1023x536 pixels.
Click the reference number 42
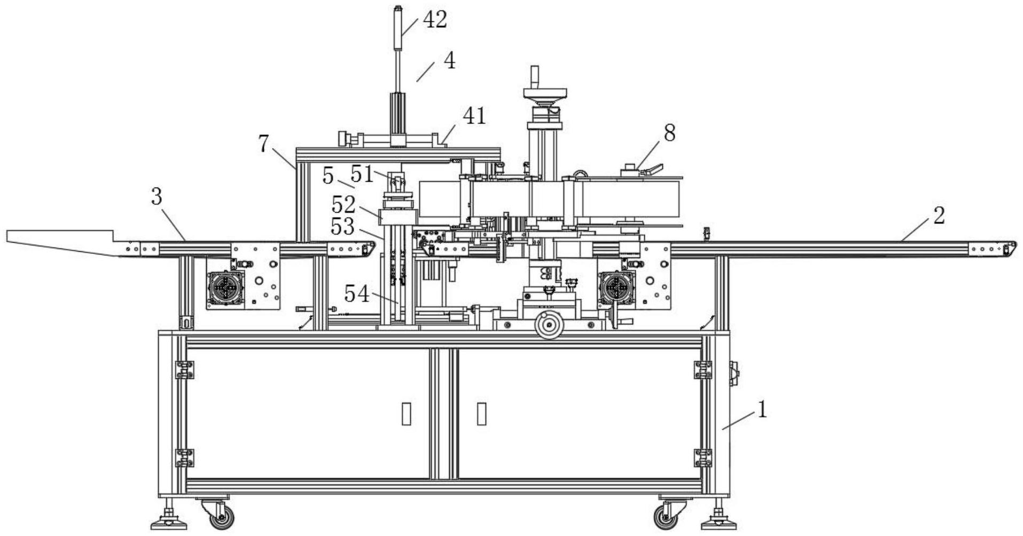point(434,20)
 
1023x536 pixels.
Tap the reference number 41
point(474,115)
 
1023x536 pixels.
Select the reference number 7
point(263,144)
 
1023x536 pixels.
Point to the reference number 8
point(669,133)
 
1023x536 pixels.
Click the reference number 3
point(156,197)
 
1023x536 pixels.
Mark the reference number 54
point(357,294)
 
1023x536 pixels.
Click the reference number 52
point(343,205)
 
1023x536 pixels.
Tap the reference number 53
point(342,227)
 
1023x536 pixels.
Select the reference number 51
point(362,174)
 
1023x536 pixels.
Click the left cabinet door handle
point(407,414)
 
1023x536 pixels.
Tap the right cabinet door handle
point(481,414)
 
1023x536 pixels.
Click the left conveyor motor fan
point(226,288)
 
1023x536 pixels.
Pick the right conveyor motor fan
point(618,288)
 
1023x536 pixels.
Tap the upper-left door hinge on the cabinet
point(184,369)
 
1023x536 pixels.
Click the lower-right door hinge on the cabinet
point(702,457)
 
